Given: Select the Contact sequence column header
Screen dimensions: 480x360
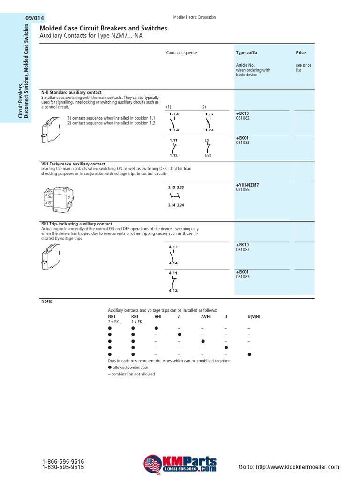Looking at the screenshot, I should [x=181, y=53].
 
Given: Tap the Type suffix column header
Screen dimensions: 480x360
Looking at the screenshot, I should [x=247, y=53].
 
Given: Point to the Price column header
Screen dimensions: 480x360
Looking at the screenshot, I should [x=300, y=53].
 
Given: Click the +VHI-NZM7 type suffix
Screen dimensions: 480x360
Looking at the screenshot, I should [x=247, y=185].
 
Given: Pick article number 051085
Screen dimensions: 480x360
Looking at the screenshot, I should [x=242, y=190].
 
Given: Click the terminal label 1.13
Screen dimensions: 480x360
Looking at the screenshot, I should [x=174, y=114].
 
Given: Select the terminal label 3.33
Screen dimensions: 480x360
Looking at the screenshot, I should [x=181, y=187].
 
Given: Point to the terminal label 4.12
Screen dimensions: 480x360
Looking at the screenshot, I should [x=174, y=291].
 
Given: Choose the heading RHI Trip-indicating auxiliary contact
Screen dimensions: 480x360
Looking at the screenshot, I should [x=76, y=224].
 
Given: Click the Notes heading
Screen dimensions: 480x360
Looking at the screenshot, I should [x=47, y=301].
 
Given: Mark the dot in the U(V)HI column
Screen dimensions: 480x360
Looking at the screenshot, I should [x=249, y=354].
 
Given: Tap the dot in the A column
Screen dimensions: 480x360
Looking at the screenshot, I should [x=179, y=335].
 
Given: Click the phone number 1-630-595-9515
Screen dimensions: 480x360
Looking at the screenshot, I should [x=63, y=467].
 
